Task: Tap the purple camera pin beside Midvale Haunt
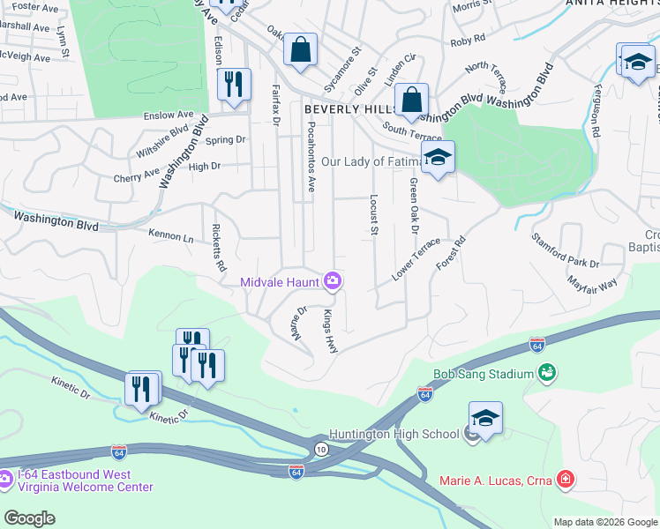tap(333, 281)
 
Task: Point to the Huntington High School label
tap(394, 434)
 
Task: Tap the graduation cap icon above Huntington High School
tap(484, 418)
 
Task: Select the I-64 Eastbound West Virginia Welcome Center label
tap(84, 481)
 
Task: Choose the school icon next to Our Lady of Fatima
tap(437, 159)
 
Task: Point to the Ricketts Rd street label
tap(218, 248)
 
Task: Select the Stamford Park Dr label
tap(565, 250)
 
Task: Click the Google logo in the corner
tap(29, 518)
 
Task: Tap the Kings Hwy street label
tap(330, 332)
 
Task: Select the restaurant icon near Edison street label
tap(234, 85)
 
